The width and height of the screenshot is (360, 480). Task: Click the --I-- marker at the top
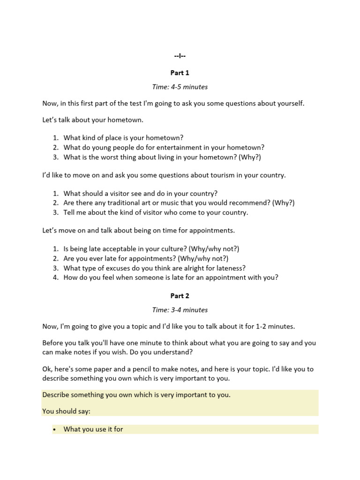point(180,57)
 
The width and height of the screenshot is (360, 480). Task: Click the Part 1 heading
point(180,73)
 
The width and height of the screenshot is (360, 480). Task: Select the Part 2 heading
point(180,296)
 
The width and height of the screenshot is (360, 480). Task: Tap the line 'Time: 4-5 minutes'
point(180,87)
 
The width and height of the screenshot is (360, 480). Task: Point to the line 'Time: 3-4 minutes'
point(180,310)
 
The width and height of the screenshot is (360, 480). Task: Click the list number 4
point(55,277)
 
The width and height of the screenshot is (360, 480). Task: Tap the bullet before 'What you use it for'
point(54,429)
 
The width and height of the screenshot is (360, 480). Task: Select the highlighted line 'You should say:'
point(66,411)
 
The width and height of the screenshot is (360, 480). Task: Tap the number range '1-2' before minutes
point(255,326)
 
